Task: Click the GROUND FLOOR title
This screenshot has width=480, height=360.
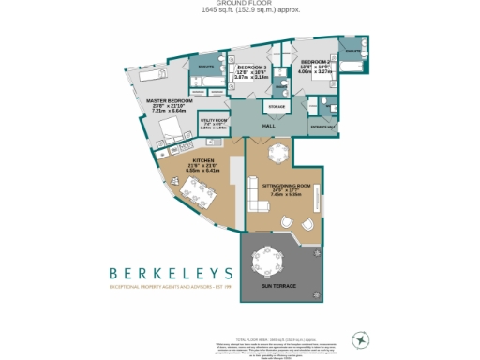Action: click(x=240, y=4)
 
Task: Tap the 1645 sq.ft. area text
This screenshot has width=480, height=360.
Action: click(x=240, y=10)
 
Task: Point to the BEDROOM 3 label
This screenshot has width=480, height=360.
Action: click(x=251, y=68)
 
